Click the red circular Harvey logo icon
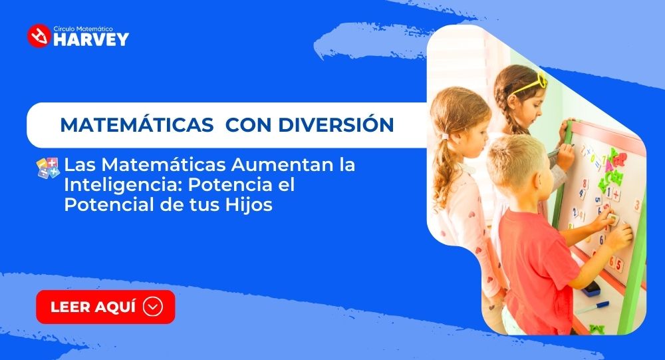39,36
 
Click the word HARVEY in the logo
90,39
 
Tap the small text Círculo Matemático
83,29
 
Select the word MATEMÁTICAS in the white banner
137,124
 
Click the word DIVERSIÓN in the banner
336,124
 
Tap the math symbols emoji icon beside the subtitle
48,168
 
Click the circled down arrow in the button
153,307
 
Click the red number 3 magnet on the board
636,206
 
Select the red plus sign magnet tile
616,194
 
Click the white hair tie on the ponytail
445,136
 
